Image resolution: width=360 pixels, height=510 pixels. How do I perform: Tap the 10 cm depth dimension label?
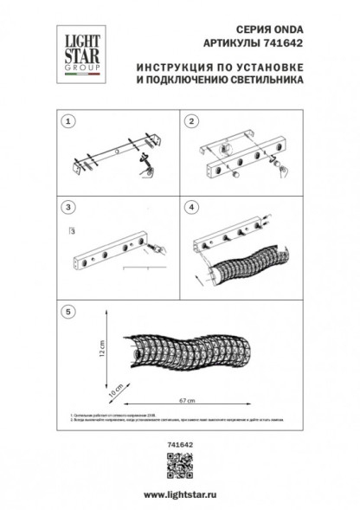pyautogui.click(x=111, y=390)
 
